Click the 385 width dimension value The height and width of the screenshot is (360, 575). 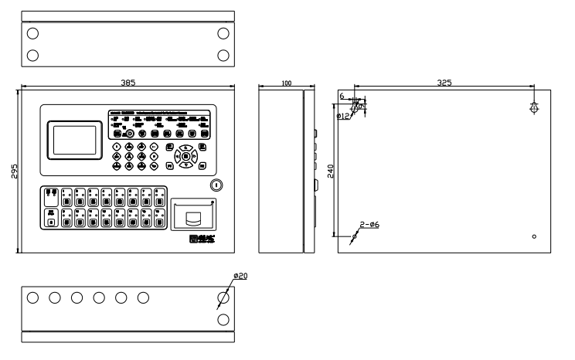tap(128, 81)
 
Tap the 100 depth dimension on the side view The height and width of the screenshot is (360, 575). tap(286, 82)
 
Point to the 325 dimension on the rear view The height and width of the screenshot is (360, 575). tap(444, 82)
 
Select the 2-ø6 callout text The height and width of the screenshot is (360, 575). tap(369, 225)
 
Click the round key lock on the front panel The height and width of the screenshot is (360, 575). tap(216, 185)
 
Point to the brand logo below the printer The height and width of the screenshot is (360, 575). tap(200, 239)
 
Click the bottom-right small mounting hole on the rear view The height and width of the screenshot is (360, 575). tap(535, 236)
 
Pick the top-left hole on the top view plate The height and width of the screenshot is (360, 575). tap(32, 33)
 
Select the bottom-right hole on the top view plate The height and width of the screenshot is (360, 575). tap(223, 55)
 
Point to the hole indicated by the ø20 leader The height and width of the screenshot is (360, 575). tap(223, 298)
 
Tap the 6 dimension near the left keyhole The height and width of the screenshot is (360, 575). tap(342, 97)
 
